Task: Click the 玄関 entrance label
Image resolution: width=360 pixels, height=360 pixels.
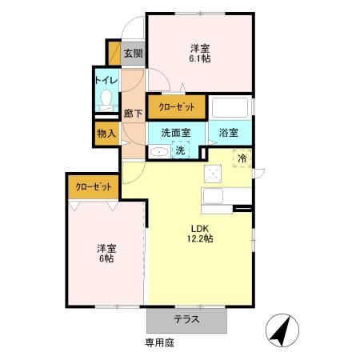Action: click(x=134, y=54)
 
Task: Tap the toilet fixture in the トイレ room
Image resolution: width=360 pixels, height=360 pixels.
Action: click(x=106, y=98)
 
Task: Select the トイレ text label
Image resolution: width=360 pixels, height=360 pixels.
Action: click(x=106, y=79)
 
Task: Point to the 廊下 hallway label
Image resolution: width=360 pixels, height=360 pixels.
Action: click(x=133, y=114)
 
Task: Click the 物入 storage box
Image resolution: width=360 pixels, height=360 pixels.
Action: click(x=106, y=134)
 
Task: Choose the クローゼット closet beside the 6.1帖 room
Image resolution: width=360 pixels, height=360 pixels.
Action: click(x=176, y=106)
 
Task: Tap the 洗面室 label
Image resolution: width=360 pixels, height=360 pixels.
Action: click(x=175, y=133)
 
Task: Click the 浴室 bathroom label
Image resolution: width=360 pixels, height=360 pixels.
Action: click(x=229, y=133)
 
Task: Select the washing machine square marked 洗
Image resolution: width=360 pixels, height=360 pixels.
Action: click(x=181, y=149)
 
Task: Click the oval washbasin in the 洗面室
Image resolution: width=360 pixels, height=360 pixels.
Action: click(x=159, y=150)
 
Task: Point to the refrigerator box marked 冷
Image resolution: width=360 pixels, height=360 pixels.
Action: click(x=241, y=158)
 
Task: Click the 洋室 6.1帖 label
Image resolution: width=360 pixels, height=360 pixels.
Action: click(x=200, y=53)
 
